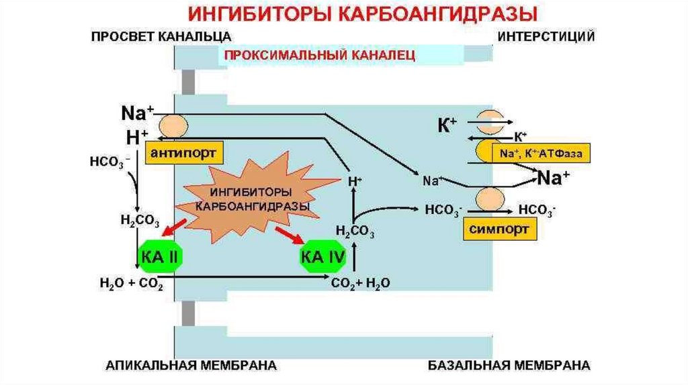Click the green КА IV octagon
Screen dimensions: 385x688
tap(321, 256)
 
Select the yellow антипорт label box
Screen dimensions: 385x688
tap(177, 154)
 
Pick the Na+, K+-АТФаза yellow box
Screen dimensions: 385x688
tap(541, 153)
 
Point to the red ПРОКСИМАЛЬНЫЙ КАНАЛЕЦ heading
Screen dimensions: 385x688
tap(320, 56)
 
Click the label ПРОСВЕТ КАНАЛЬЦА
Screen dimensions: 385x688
tap(161, 36)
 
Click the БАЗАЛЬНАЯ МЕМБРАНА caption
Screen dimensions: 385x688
tap(509, 366)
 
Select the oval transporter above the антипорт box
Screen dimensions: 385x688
tap(173, 126)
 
